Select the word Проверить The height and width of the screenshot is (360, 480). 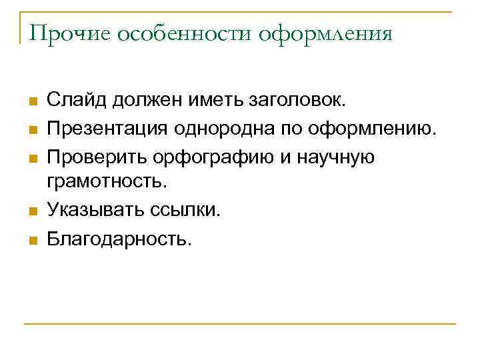point(97,156)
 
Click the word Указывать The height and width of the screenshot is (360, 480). point(97,211)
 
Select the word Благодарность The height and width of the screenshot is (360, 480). point(119,239)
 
